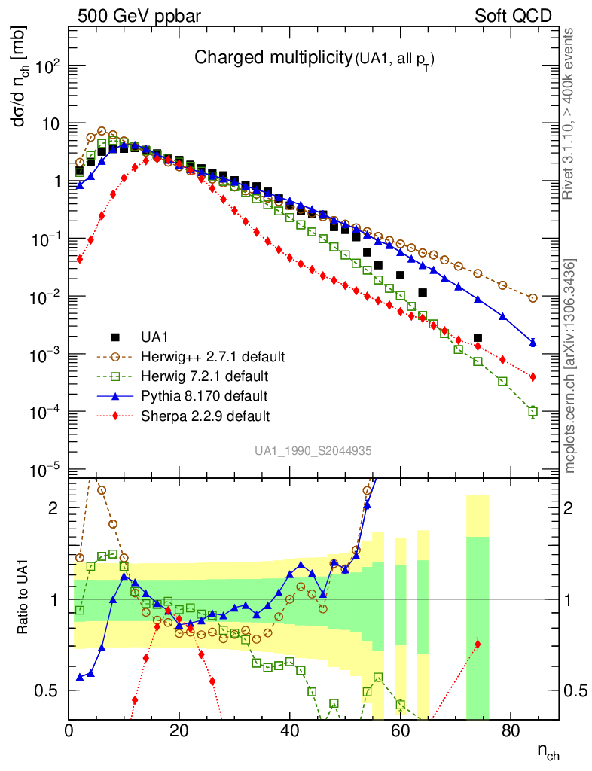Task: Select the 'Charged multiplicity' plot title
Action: [273, 58]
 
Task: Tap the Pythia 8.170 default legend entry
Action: [203, 395]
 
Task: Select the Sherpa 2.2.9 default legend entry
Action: [205, 415]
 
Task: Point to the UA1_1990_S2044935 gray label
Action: [313, 450]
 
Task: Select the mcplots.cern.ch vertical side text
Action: [571, 366]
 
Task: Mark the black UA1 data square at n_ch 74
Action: [478, 337]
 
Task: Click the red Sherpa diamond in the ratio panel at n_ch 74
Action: [478, 644]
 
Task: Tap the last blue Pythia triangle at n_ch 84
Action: [532, 343]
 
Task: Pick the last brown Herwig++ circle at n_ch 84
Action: [532, 298]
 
